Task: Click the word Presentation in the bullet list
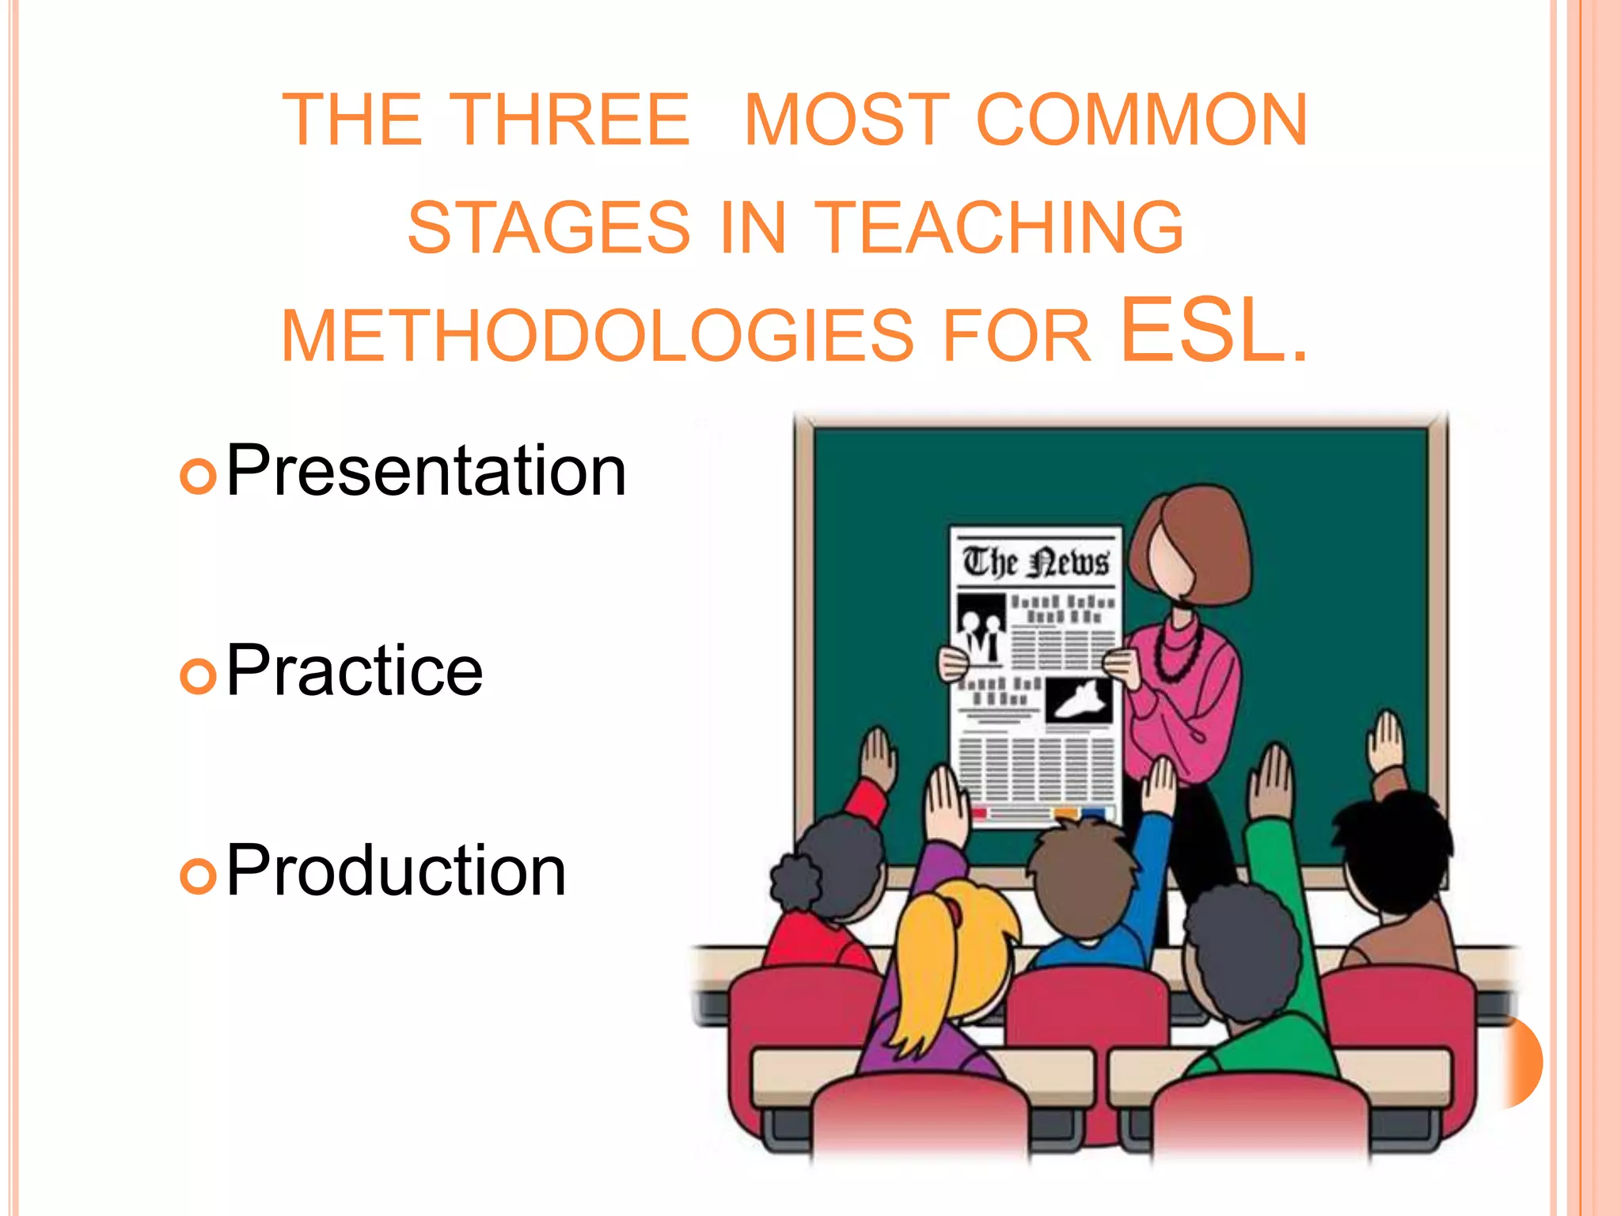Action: (x=426, y=472)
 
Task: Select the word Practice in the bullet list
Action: (x=354, y=671)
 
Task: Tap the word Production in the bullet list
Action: (x=396, y=871)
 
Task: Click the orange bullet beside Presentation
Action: (x=198, y=476)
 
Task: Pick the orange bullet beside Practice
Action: (x=198, y=675)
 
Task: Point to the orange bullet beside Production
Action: (x=198, y=876)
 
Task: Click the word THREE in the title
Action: (x=573, y=120)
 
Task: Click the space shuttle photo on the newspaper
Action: (x=1079, y=699)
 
